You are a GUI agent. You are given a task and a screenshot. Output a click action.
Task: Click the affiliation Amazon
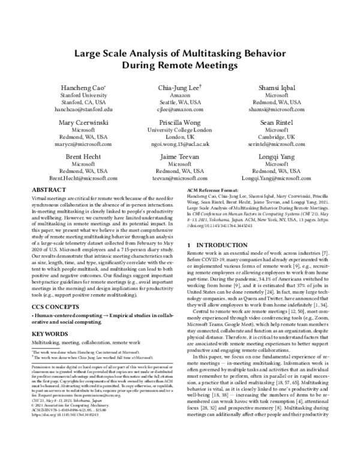click(x=179, y=95)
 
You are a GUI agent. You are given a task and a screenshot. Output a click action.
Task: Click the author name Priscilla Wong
click(x=179, y=122)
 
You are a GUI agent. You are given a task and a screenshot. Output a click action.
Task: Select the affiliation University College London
click(x=179, y=130)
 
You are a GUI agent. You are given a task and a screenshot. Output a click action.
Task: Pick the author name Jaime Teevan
click(x=179, y=156)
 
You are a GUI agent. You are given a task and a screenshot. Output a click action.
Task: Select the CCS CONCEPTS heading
click(x=56, y=305)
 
